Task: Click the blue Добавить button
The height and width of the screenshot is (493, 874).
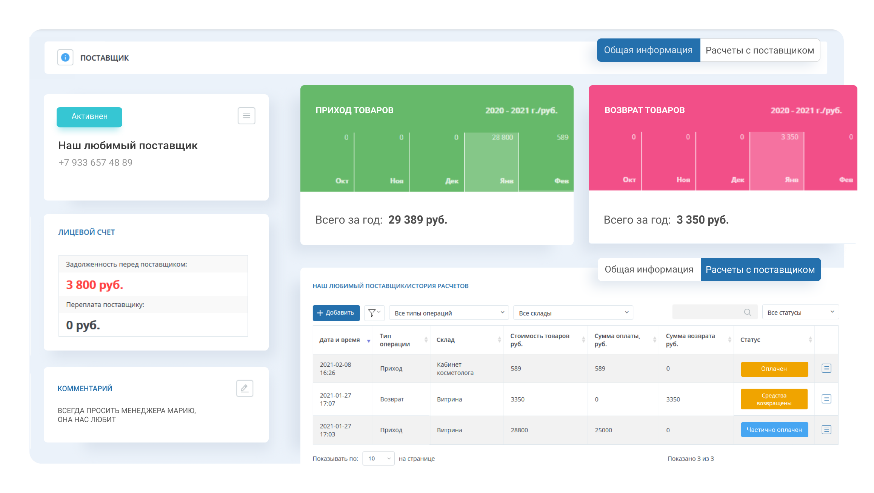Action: [336, 313]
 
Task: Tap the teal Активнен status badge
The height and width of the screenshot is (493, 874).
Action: [89, 117]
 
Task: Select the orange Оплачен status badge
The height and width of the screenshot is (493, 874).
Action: [774, 369]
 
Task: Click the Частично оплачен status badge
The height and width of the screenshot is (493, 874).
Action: [774, 430]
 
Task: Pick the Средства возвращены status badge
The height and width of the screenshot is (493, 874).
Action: [774, 399]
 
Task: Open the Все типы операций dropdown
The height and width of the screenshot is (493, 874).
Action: [449, 313]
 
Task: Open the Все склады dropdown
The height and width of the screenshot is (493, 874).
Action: [573, 313]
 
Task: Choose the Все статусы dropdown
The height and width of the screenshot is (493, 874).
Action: [800, 312]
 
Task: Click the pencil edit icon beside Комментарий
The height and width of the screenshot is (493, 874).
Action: [245, 388]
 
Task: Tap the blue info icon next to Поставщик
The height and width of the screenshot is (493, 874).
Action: [65, 58]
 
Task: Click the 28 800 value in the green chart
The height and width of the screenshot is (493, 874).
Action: [502, 138]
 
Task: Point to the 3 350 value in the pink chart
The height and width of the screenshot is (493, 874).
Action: [789, 137]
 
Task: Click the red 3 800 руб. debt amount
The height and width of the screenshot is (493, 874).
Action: [95, 285]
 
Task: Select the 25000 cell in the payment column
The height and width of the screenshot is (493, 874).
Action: [603, 430]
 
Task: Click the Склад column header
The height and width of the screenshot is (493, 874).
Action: [446, 340]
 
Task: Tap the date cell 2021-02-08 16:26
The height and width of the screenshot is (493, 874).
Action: [335, 369]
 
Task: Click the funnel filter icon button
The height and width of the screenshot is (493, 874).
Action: [374, 313]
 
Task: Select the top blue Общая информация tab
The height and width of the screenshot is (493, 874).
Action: [648, 50]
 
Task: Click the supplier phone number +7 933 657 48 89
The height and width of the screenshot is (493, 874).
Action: [95, 162]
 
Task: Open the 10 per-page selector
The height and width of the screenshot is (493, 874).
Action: [378, 458]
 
